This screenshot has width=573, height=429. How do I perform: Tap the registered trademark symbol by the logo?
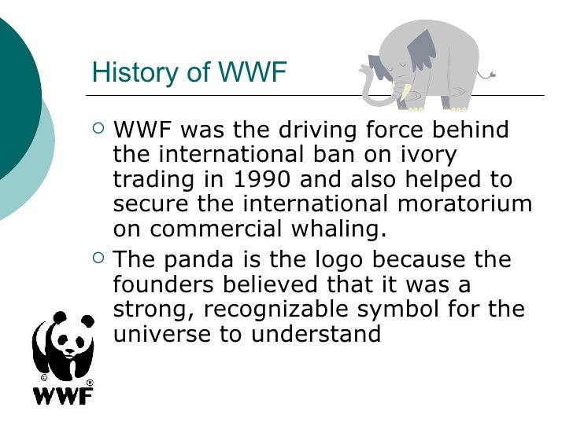tap(89, 382)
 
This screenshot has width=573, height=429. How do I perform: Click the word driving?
tap(309, 130)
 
